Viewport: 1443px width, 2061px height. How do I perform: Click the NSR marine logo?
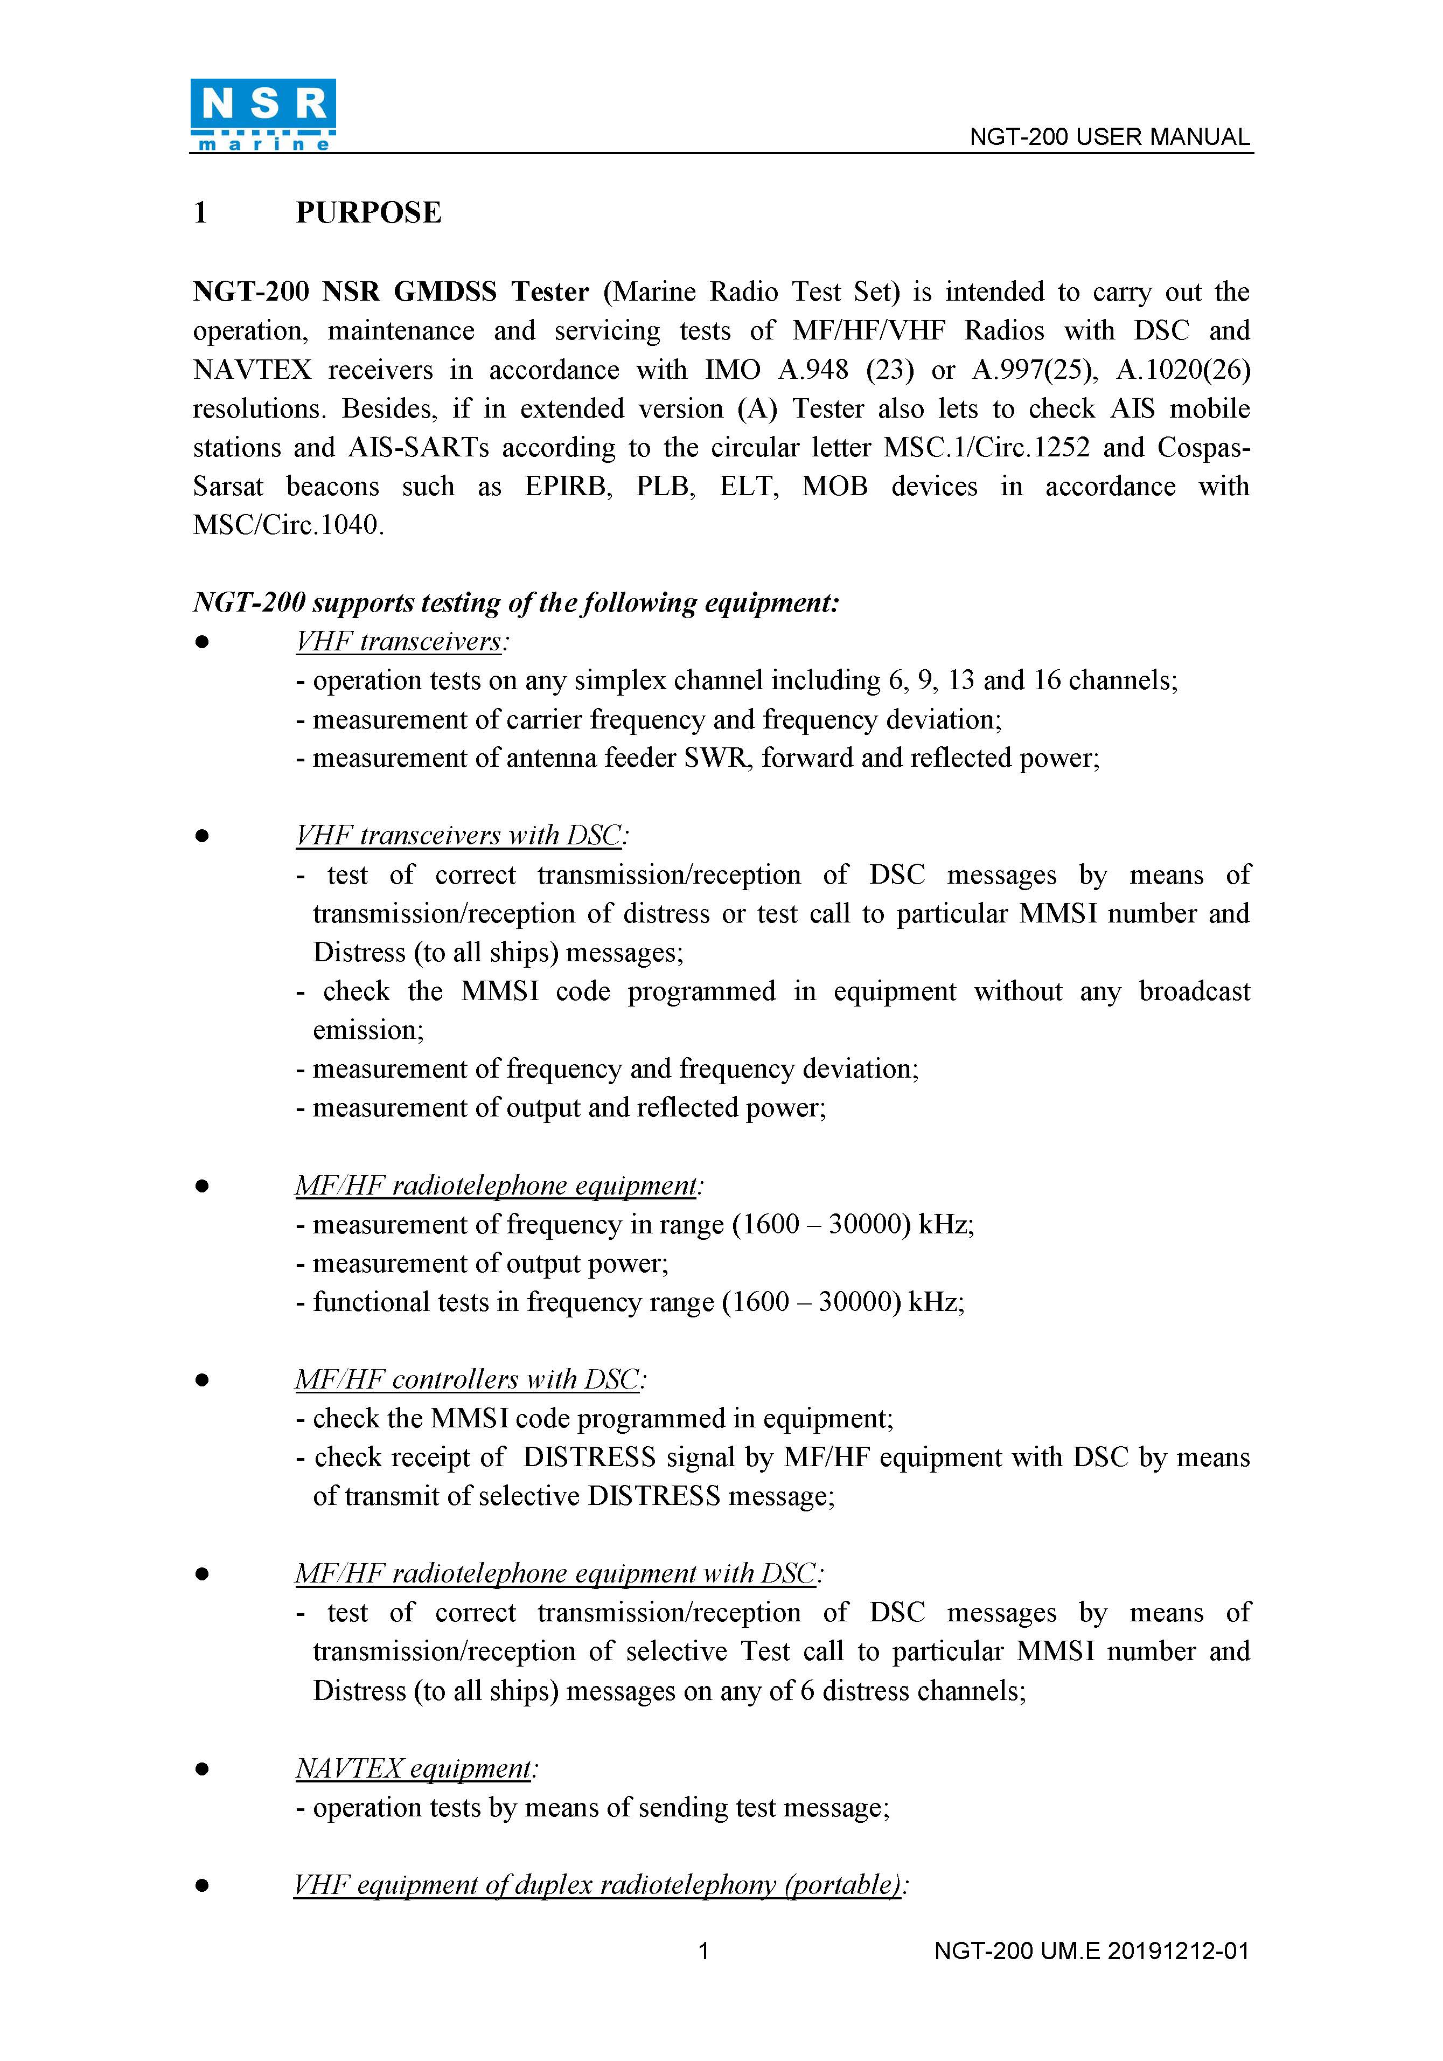click(x=263, y=115)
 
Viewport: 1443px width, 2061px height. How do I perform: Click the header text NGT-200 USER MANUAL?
click(x=1109, y=137)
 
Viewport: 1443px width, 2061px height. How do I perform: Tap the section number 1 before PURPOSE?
click(x=200, y=213)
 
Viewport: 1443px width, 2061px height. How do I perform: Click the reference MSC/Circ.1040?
click(x=288, y=525)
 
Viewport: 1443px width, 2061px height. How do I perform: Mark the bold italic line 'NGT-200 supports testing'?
click(x=516, y=602)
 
